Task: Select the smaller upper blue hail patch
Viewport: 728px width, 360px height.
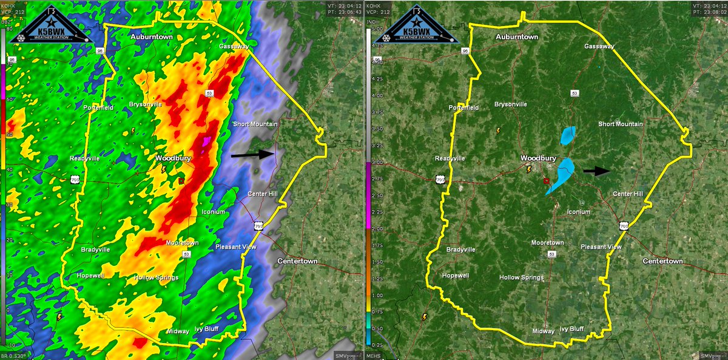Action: tap(568, 135)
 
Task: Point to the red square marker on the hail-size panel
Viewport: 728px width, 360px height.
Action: tap(546, 180)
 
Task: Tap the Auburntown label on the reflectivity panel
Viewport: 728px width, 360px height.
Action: tap(152, 37)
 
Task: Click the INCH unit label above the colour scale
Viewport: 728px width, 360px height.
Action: tap(374, 22)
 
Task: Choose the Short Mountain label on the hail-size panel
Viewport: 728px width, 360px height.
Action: tap(621, 124)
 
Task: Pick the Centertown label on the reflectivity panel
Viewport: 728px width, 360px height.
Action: tap(298, 261)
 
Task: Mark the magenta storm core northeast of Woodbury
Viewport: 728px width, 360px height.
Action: tap(206, 141)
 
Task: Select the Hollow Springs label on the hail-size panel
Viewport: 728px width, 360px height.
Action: tap(521, 277)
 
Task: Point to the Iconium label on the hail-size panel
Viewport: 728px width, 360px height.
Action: tap(578, 212)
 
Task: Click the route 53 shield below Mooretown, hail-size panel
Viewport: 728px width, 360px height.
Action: tap(551, 254)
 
